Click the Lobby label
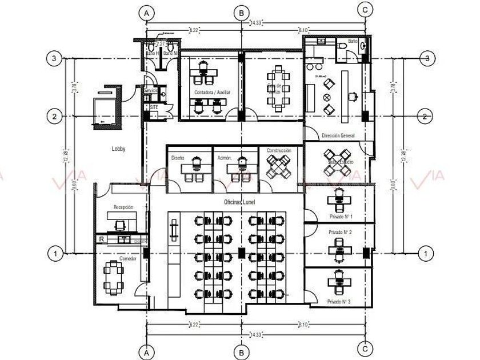pyautogui.click(x=119, y=149)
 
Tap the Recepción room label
pyautogui.click(x=123, y=207)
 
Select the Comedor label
pyautogui.click(x=127, y=259)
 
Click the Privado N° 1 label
pyautogui.click(x=341, y=217)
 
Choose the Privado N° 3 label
pyautogui.click(x=339, y=301)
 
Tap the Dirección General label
pyautogui.click(x=338, y=136)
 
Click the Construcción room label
pyautogui.click(x=278, y=151)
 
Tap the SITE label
pyautogui.click(x=154, y=107)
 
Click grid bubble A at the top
pyautogui.click(x=147, y=12)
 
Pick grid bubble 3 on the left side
pyautogui.click(x=54, y=58)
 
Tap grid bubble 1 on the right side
pyautogui.click(x=425, y=252)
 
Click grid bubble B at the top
pyautogui.click(x=242, y=12)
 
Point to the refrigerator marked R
pyautogui.click(x=101, y=239)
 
